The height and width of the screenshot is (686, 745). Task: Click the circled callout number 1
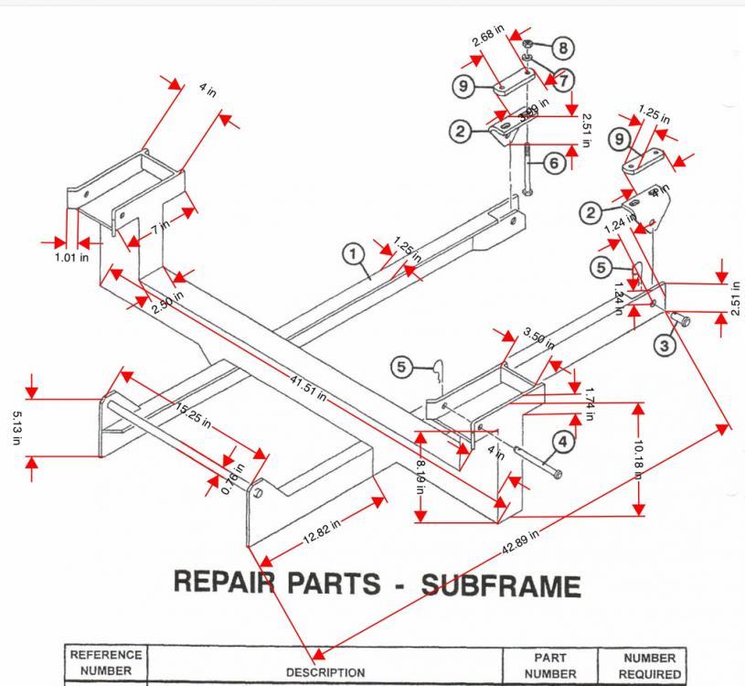pyautogui.click(x=354, y=253)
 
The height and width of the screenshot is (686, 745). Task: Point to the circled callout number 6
pyautogui.click(x=554, y=162)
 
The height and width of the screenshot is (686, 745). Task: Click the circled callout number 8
pyautogui.click(x=561, y=48)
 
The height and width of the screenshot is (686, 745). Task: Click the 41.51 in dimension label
pyautogui.click(x=308, y=391)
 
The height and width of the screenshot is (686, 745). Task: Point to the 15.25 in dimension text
pyautogui.click(x=193, y=415)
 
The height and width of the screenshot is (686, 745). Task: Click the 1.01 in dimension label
pyautogui.click(x=70, y=257)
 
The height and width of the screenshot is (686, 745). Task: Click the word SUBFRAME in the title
pyautogui.click(x=500, y=585)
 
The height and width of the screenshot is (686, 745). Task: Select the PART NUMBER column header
pyautogui.click(x=550, y=665)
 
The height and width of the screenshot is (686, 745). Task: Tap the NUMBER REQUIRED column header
pyautogui.click(x=649, y=665)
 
